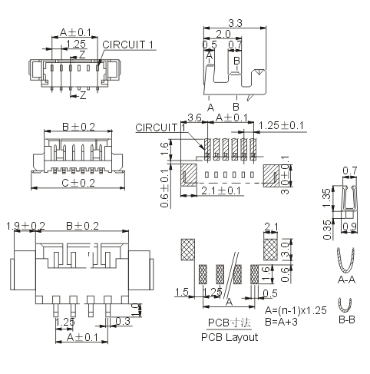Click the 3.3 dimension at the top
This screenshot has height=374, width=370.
[x=235, y=23]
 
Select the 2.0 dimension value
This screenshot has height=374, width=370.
[x=223, y=34]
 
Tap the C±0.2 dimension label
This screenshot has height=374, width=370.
[x=78, y=183]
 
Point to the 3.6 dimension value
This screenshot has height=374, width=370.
[x=194, y=117]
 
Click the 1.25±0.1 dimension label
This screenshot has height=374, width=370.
[x=282, y=125]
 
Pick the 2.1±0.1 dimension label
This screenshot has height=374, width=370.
[x=221, y=190]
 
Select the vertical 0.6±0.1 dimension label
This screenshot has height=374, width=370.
[x=165, y=188]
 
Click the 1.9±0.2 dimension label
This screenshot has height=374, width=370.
[x=25, y=227]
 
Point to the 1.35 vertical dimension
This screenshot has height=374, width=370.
[x=327, y=198]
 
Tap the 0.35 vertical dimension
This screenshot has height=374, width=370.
[x=327, y=230]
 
